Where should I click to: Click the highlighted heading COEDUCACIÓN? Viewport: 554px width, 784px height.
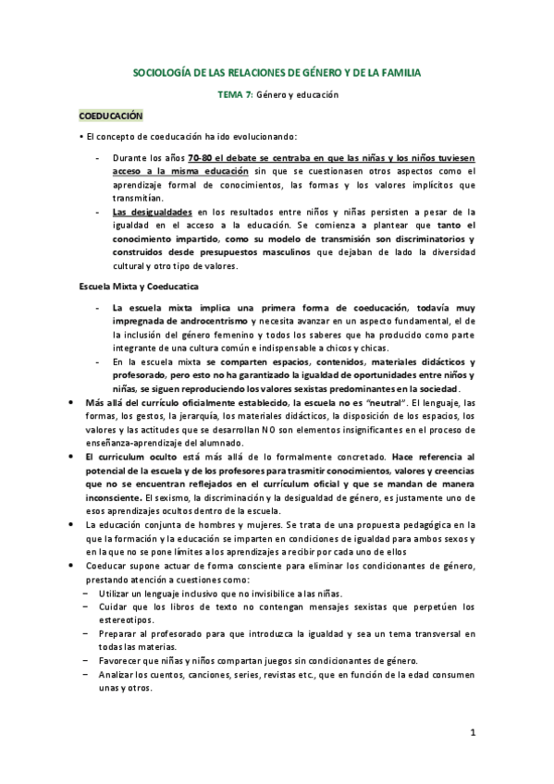[111, 116]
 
